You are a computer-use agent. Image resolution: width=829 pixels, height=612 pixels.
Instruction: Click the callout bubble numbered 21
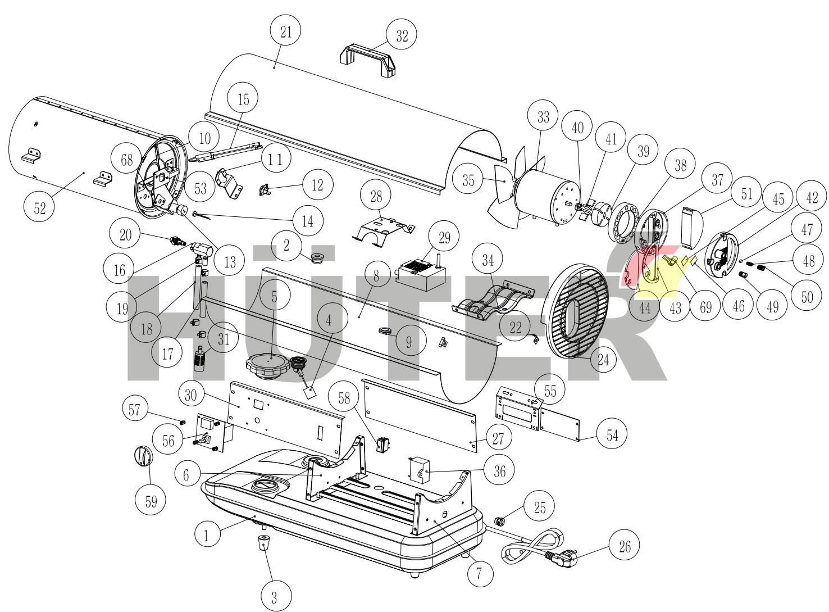[286, 32]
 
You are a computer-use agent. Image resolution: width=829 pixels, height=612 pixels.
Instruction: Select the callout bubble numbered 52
[40, 208]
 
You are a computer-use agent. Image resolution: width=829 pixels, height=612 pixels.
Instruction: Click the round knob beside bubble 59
[143, 456]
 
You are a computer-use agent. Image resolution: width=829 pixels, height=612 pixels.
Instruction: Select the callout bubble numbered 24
[603, 360]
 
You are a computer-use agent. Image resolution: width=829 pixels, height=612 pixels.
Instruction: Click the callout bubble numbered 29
[444, 238]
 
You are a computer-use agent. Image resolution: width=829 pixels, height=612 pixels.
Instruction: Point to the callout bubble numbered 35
[468, 180]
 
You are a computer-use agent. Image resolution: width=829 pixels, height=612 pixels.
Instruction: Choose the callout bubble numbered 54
[612, 435]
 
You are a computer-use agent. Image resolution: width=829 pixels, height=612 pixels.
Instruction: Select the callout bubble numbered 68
[127, 160]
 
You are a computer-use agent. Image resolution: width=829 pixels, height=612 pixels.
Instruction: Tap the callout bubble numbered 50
[807, 297]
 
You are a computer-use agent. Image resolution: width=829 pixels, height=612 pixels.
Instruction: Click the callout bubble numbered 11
[275, 160]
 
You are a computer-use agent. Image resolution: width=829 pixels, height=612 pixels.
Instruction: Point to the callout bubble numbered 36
[499, 472]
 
